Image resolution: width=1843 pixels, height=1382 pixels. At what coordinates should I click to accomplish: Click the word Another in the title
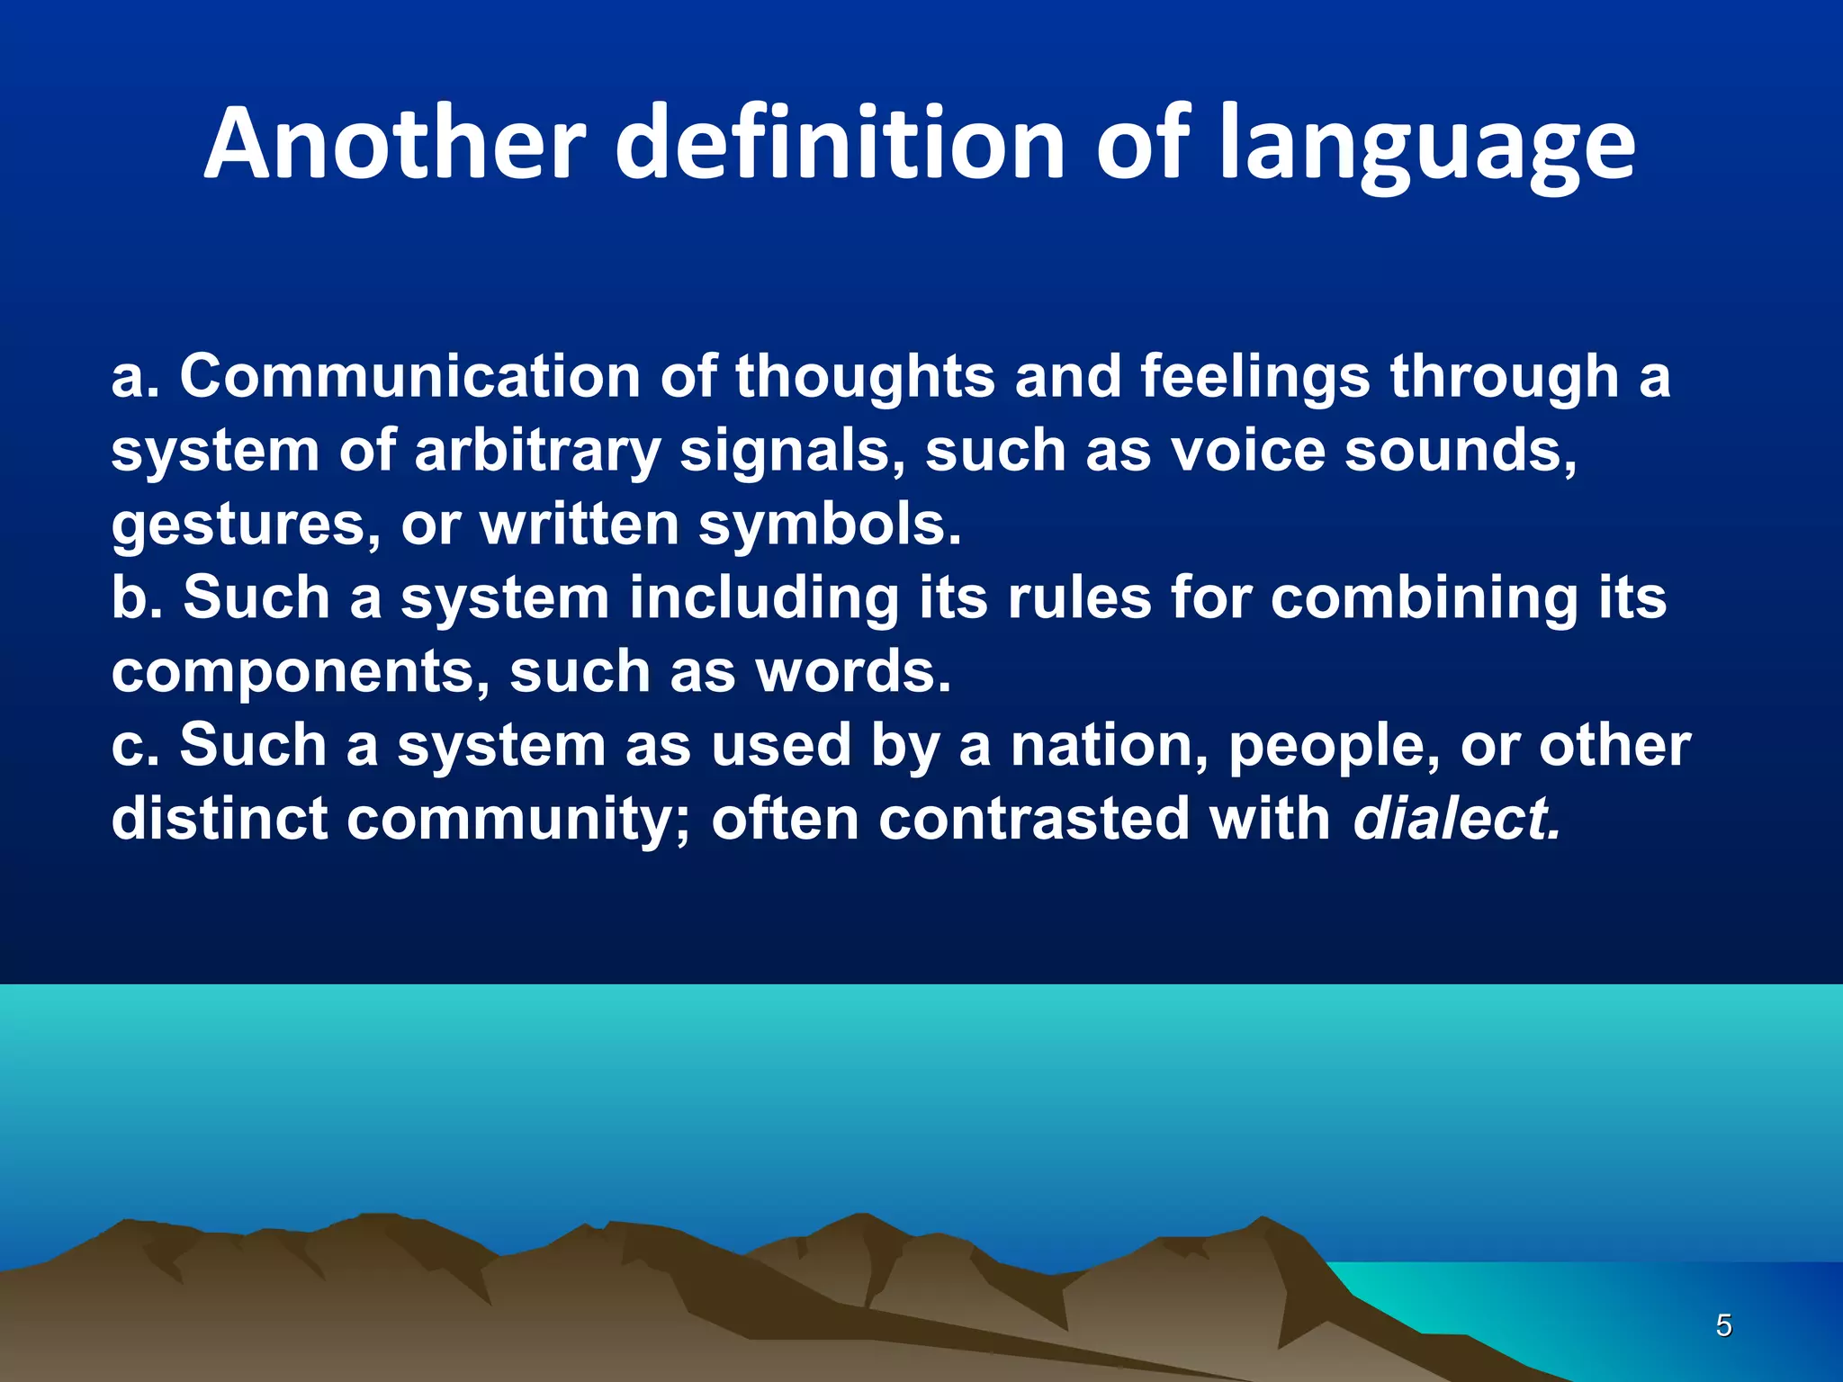pyautogui.click(x=395, y=144)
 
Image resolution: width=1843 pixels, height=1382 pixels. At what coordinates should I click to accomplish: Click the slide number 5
pyautogui.click(x=1723, y=1325)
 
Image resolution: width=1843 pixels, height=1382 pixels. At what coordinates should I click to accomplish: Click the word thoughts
pyautogui.click(x=865, y=377)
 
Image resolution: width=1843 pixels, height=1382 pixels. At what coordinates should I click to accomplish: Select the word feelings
pyautogui.click(x=1254, y=377)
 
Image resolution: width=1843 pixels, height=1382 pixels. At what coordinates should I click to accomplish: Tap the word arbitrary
pyautogui.click(x=537, y=451)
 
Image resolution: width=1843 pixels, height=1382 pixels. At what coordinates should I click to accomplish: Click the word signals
pyautogui.click(x=792, y=451)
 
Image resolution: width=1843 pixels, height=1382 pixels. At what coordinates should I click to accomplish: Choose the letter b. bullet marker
pyautogui.click(x=137, y=597)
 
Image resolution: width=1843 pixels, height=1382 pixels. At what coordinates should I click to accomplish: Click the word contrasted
pyautogui.click(x=1034, y=820)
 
